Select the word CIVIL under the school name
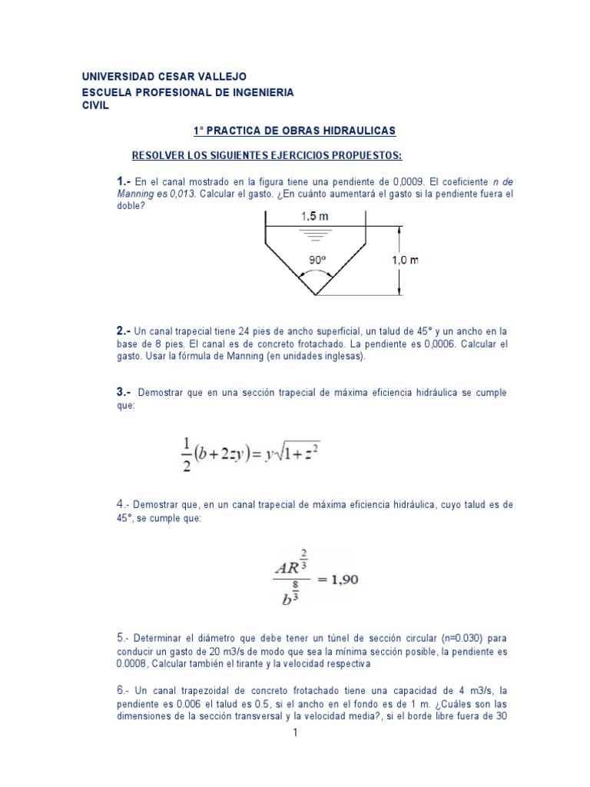click(96, 105)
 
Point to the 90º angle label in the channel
click(317, 261)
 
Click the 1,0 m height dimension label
click(405, 260)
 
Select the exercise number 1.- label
click(124, 181)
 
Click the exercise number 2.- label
click(124, 330)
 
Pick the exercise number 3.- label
click(124, 393)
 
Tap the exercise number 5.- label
click(124, 638)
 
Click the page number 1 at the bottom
click(295, 733)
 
